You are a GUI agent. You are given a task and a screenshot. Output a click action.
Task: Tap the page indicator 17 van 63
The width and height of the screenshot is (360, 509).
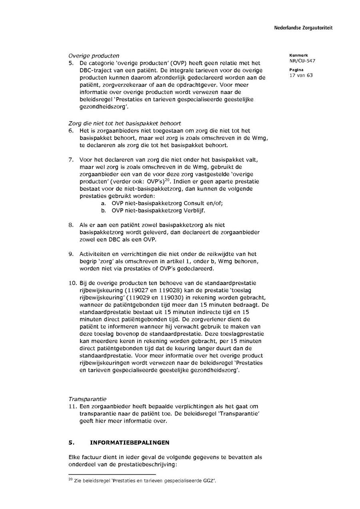301,75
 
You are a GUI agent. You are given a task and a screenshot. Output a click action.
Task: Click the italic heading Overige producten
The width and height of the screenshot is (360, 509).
94,56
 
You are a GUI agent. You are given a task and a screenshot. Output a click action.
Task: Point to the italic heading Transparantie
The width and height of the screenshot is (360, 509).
87,399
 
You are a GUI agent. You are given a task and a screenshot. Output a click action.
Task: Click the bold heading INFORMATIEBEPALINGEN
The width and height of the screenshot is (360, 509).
129,443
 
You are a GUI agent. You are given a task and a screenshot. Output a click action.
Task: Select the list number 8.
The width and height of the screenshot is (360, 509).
71,225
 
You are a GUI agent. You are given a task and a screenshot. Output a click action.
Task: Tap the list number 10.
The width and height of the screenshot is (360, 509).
72,283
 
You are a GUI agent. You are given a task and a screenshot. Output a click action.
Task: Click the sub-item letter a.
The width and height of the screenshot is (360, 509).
103,203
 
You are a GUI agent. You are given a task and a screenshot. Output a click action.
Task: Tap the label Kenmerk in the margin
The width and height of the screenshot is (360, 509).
296,55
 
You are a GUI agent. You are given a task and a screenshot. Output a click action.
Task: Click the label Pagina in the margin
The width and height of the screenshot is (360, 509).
295,70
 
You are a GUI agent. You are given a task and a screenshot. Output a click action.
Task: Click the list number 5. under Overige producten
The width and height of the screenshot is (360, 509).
71,63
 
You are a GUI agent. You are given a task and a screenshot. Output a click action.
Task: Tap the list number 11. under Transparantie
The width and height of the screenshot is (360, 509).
72,406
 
